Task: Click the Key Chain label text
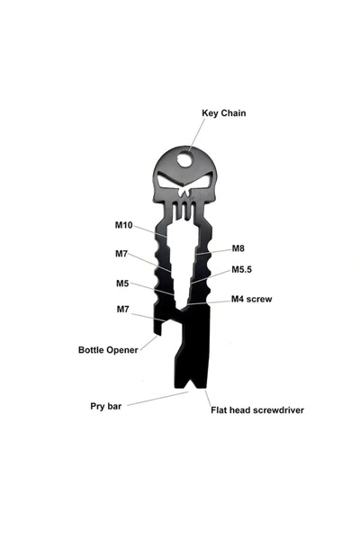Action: click(x=223, y=113)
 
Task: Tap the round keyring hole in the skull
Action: click(x=184, y=159)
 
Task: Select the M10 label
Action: click(x=123, y=225)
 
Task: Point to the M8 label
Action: click(x=238, y=248)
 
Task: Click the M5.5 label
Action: click(x=241, y=269)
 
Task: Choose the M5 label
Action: click(x=122, y=283)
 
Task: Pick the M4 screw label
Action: click(x=251, y=299)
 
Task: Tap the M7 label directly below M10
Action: click(x=121, y=254)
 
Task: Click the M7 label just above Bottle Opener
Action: click(x=122, y=310)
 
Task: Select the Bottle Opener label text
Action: click(x=108, y=350)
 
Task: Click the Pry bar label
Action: click(x=106, y=407)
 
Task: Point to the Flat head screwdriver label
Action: click(x=257, y=410)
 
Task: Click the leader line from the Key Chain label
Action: click(x=197, y=135)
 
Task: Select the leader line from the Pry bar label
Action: click(x=157, y=399)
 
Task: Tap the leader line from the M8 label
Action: click(x=212, y=252)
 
